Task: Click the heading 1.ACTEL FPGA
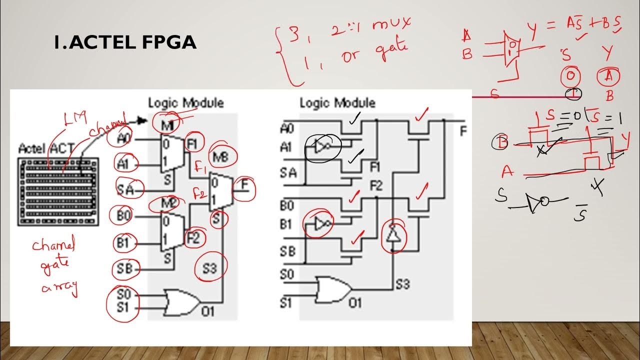pos(125,43)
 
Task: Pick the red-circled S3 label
pos(210,269)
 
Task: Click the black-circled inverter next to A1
pos(321,146)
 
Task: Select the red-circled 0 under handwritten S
pos(569,76)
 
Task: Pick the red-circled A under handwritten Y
pos(608,76)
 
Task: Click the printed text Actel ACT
pos(45,148)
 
